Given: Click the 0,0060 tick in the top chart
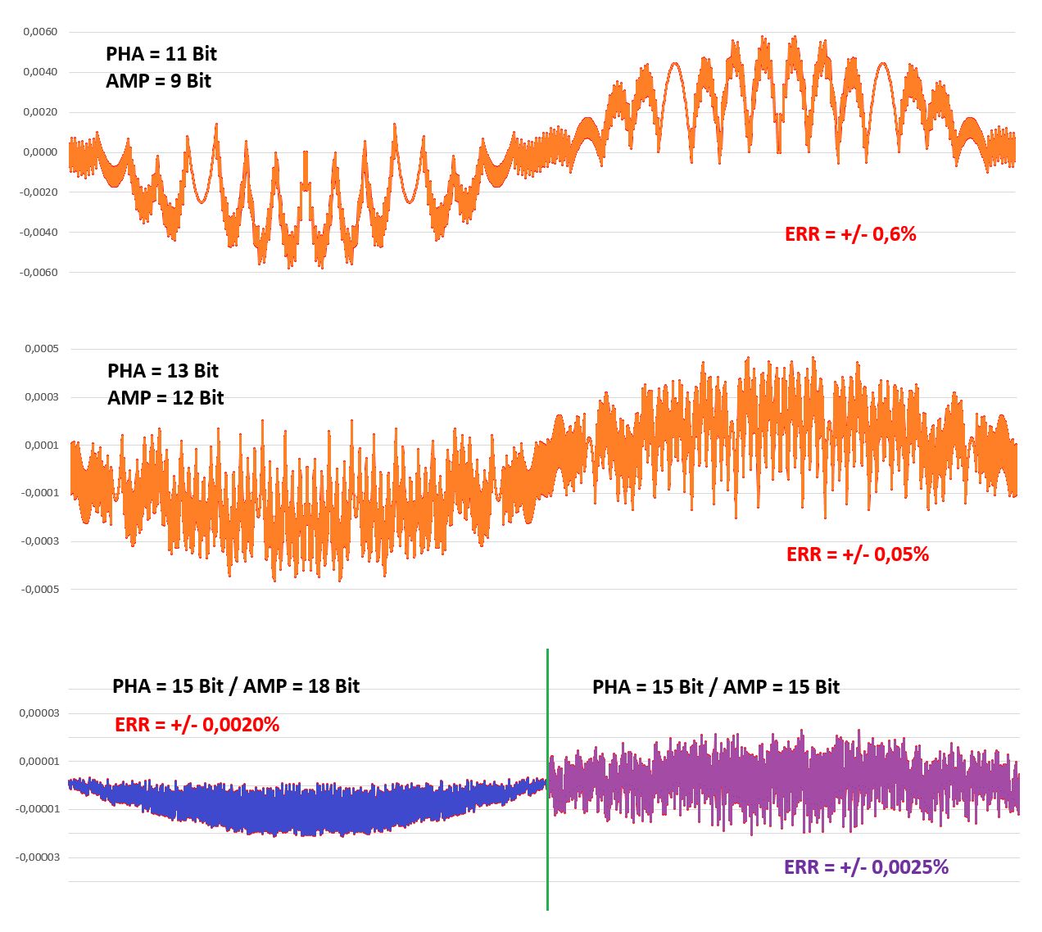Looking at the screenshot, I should (40, 32).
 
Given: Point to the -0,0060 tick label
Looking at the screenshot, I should (39, 273).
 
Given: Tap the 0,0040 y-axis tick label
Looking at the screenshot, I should (40, 72).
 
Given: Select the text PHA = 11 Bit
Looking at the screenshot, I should (161, 54).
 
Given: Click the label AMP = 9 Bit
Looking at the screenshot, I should (158, 81).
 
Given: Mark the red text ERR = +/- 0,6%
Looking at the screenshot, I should (850, 234).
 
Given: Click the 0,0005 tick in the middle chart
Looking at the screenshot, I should (42, 349).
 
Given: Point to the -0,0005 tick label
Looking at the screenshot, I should (39, 590).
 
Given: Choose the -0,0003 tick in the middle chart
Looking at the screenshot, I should (39, 541).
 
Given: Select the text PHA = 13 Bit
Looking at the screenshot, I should (163, 371).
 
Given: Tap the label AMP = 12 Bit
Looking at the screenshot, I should (165, 398).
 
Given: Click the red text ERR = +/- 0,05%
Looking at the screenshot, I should (858, 554).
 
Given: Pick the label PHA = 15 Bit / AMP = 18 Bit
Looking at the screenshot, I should (236, 686).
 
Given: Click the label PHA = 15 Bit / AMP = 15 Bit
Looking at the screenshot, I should (716, 687).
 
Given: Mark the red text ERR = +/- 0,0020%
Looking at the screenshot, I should (197, 725).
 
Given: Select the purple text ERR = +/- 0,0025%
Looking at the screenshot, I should (866, 867).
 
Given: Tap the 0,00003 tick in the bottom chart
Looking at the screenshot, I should (39, 713).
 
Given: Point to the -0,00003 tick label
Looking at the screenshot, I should (38, 857).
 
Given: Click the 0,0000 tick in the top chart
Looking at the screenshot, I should (40, 152).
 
